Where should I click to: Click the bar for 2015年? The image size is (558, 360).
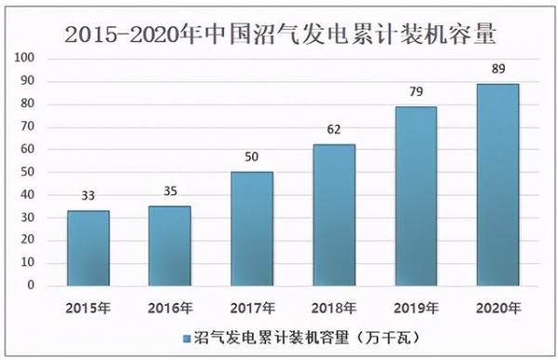pos(87,248)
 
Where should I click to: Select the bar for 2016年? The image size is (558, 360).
pos(169,247)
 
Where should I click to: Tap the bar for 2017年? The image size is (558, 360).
pos(251,229)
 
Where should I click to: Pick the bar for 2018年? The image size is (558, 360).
pos(333,215)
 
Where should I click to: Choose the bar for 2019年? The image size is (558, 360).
pos(415,196)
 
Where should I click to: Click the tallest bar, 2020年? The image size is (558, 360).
pos(497,185)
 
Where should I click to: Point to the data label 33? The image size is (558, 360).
pos(87,196)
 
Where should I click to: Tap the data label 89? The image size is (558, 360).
pos(497,69)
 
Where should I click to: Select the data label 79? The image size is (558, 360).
pos(415,91)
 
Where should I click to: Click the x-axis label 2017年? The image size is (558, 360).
pos(251,307)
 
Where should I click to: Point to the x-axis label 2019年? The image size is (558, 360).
pos(415,307)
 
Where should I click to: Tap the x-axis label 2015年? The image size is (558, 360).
pos(87,307)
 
